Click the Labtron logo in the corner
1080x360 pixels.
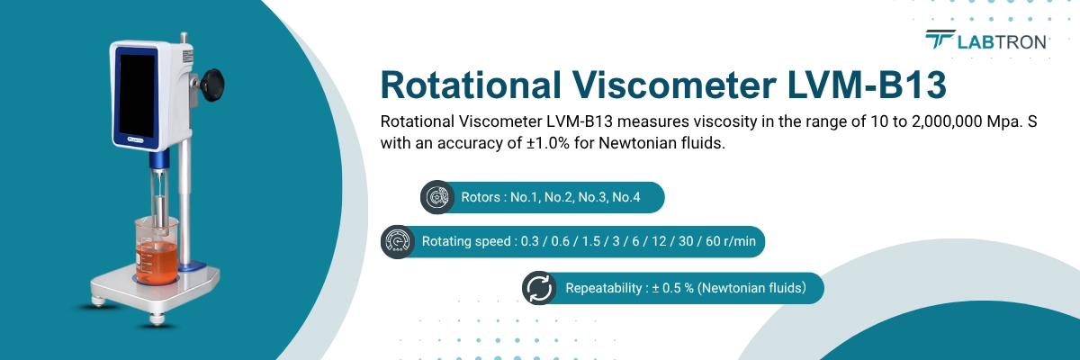coord(987,40)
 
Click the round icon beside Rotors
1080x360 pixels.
coord(437,197)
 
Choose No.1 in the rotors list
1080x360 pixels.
coord(526,197)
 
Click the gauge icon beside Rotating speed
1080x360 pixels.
coord(398,241)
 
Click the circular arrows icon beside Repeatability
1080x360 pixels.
coord(539,288)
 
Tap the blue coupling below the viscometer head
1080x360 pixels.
coord(158,161)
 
